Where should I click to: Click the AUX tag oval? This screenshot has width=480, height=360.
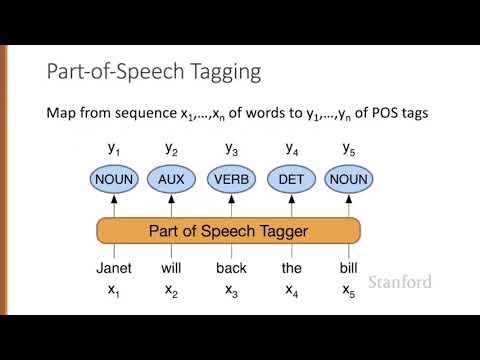coord(172,180)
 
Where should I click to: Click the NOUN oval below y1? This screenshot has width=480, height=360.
coord(114,180)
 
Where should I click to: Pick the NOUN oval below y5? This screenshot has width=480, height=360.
coord(348,180)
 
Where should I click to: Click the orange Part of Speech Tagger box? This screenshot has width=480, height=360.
coord(229,230)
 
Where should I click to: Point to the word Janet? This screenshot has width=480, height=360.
coord(114,268)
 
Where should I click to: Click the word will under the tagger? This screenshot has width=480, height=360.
coord(172,268)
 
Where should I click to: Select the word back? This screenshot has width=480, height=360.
coord(231,268)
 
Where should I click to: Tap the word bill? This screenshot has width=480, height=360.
coord(348,268)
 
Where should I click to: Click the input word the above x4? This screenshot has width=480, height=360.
coord(290,268)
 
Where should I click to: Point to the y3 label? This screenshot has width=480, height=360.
coord(231,149)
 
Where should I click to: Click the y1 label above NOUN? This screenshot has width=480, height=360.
coord(114,149)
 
